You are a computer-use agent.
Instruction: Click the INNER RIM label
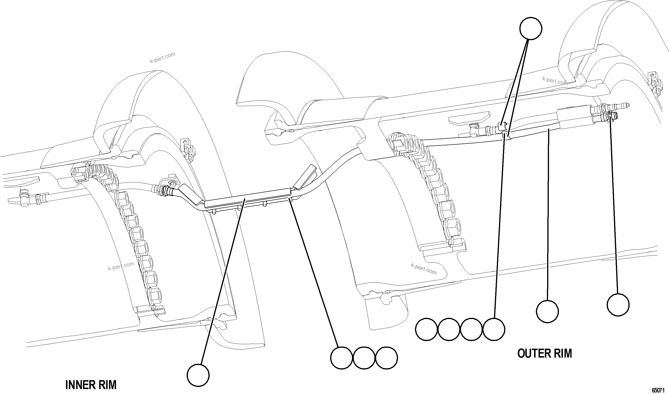point(91,385)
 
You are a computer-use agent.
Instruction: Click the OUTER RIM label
point(545,353)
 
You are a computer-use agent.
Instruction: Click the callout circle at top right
point(530,28)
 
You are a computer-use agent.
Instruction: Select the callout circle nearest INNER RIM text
point(198,375)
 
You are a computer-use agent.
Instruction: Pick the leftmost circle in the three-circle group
point(342,358)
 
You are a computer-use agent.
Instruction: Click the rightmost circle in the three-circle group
point(387,358)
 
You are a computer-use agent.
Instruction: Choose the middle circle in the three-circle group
point(364,358)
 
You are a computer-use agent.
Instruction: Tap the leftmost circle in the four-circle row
point(426,329)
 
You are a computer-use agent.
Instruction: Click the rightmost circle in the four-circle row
point(494,329)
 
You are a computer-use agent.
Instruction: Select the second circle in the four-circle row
point(449,329)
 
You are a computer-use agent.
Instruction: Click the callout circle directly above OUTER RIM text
point(547,311)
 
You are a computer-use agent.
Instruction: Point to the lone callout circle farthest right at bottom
point(618,304)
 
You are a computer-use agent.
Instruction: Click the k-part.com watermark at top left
point(162,58)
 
